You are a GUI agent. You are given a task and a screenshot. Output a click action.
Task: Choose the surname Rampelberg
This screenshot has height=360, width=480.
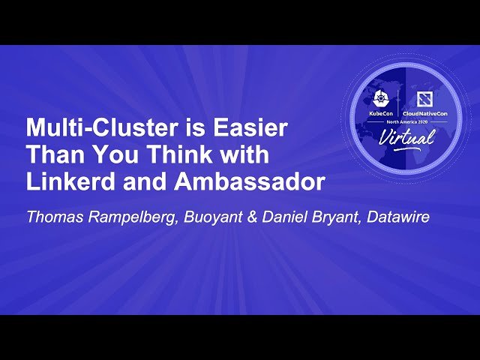(138, 218)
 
